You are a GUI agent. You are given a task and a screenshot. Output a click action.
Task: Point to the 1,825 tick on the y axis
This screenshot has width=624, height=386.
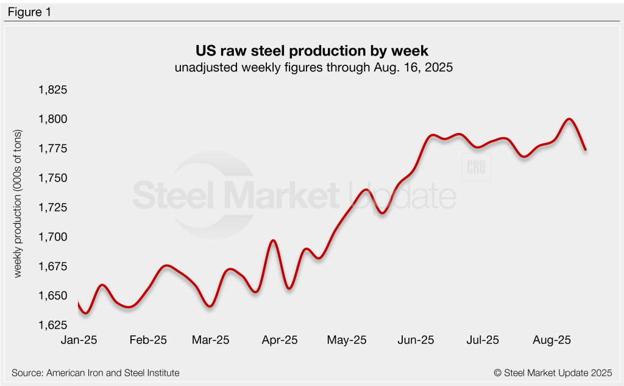point(53,90)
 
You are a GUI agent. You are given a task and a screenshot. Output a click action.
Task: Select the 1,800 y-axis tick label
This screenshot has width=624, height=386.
point(53,120)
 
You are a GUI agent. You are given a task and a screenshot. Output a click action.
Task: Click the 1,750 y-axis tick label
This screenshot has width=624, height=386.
point(53,178)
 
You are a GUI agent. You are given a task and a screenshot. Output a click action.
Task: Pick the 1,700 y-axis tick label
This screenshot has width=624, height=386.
point(53,237)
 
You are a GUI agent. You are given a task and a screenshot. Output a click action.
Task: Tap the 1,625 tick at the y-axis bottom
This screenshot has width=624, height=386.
point(53,325)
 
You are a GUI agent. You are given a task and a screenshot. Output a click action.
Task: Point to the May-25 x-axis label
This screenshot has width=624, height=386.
point(347,340)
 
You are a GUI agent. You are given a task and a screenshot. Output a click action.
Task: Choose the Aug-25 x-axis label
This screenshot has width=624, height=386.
point(551,340)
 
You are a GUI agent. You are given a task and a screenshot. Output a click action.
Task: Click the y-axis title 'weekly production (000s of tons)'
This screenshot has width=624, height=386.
point(18,204)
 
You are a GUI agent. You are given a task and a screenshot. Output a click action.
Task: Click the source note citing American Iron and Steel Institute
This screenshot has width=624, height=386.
point(96,373)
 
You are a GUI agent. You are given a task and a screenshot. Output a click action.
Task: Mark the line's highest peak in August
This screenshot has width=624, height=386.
point(569,119)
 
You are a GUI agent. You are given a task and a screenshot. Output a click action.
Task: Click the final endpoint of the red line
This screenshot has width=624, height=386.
point(586,149)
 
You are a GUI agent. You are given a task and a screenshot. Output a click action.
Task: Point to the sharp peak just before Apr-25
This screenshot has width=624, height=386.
point(274,241)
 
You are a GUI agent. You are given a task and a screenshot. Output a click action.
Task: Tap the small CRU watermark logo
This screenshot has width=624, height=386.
point(477,168)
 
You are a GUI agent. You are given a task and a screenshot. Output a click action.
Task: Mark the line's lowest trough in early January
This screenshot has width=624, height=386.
point(86,313)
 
